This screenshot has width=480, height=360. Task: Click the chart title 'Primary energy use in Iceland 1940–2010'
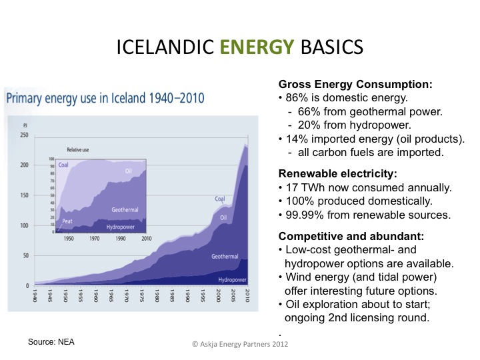click(x=105, y=99)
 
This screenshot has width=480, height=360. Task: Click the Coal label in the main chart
click(x=220, y=198)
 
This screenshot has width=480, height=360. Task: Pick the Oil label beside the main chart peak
click(x=224, y=217)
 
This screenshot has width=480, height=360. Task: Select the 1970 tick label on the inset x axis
click(x=95, y=238)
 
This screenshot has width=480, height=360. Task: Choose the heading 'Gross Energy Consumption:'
click(x=355, y=85)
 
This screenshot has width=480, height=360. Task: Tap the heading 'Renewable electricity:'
click(x=337, y=173)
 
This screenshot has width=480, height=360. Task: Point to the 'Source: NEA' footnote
click(x=51, y=342)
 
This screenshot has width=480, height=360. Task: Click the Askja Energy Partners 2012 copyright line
click(x=240, y=345)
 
